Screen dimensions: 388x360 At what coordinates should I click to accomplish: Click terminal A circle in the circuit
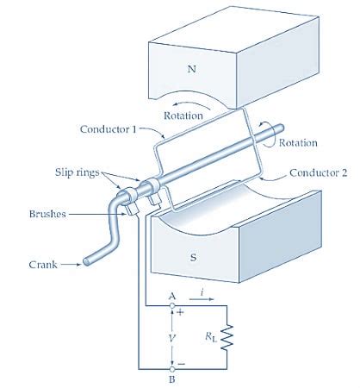tap(173, 304)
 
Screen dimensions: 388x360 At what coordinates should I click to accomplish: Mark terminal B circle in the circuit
tap(173, 366)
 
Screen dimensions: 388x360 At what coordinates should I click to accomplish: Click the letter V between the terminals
tap(173, 337)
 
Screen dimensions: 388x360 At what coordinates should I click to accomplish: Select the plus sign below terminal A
tap(180, 315)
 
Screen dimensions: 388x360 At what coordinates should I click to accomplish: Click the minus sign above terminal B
tap(181, 357)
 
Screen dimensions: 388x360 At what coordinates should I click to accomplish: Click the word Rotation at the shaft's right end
tap(299, 142)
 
